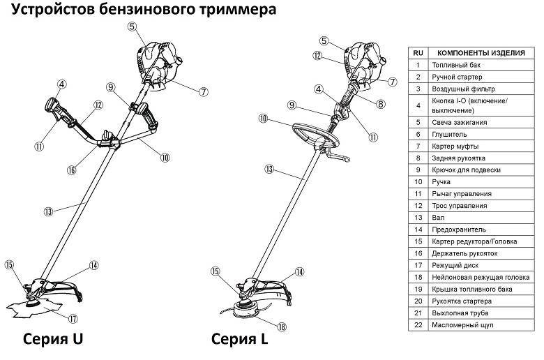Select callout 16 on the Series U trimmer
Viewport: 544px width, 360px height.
(72, 170)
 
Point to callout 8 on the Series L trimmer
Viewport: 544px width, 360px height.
(380, 104)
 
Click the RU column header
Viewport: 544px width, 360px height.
(418, 53)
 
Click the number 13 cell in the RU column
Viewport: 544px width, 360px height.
(418, 218)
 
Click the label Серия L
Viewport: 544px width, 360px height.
(239, 340)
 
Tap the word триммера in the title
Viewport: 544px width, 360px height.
(238, 10)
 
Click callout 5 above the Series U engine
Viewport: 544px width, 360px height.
(132, 27)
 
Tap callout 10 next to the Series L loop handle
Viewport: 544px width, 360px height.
(263, 119)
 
